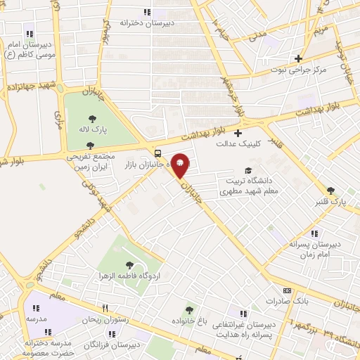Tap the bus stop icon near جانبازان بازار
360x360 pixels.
click(x=157, y=153)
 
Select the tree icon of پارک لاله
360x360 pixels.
click(x=91, y=118)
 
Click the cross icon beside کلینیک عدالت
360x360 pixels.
click(x=238, y=133)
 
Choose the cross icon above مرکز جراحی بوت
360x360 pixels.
click(x=299, y=58)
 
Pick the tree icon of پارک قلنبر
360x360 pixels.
click(x=330, y=191)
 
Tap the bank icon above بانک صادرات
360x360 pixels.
click(x=286, y=290)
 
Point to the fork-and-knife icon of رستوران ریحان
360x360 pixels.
click(x=104, y=307)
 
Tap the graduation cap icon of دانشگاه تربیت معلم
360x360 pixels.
click(x=247, y=170)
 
